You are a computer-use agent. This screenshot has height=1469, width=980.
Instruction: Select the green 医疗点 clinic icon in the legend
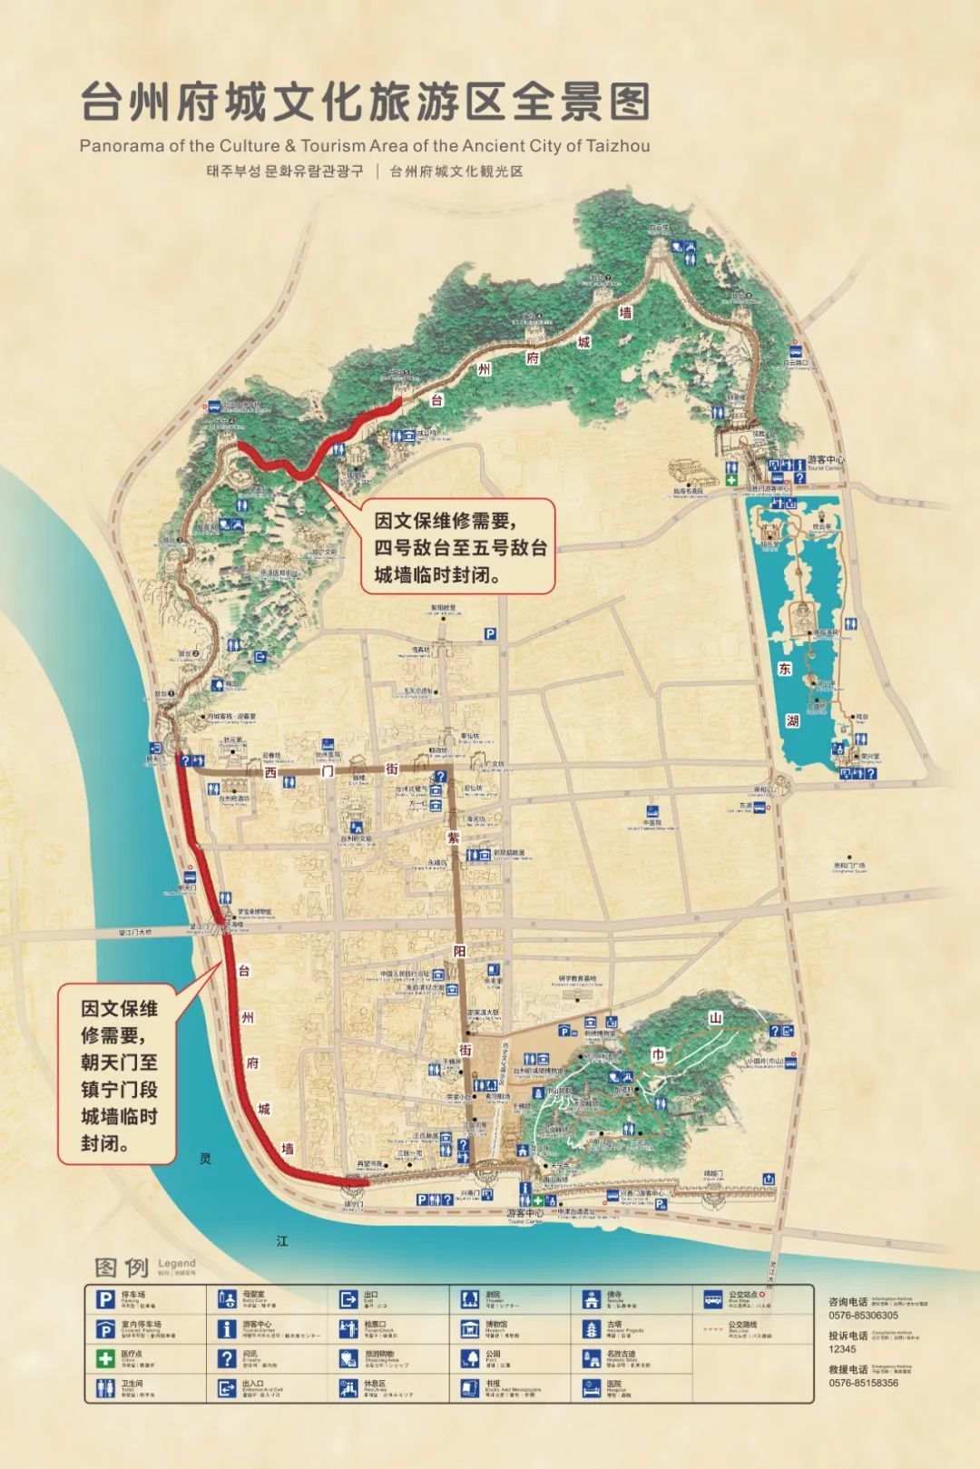click(105, 1358)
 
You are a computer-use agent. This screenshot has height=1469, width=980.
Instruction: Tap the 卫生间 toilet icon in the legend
click(105, 1387)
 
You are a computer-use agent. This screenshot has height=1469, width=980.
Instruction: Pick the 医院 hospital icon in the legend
click(591, 1387)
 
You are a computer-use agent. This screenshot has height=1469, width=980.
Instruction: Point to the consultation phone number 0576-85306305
click(862, 1315)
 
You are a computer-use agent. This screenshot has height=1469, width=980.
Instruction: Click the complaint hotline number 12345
click(841, 1349)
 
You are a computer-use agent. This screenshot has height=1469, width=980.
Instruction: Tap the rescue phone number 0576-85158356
click(863, 1383)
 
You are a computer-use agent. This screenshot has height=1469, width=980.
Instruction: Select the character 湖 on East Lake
click(793, 722)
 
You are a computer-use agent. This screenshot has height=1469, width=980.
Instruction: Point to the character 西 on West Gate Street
click(270, 773)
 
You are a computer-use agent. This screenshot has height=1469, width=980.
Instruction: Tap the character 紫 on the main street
click(454, 837)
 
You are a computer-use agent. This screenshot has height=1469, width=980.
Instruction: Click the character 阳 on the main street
click(459, 950)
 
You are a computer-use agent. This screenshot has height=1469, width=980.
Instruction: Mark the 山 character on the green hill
click(716, 1018)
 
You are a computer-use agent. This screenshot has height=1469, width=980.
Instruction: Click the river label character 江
click(282, 1241)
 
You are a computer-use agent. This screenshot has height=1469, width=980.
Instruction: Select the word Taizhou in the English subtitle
click(618, 145)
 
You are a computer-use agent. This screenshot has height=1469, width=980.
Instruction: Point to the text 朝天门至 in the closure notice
click(119, 1061)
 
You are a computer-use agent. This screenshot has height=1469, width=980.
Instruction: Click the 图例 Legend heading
click(122, 1267)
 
